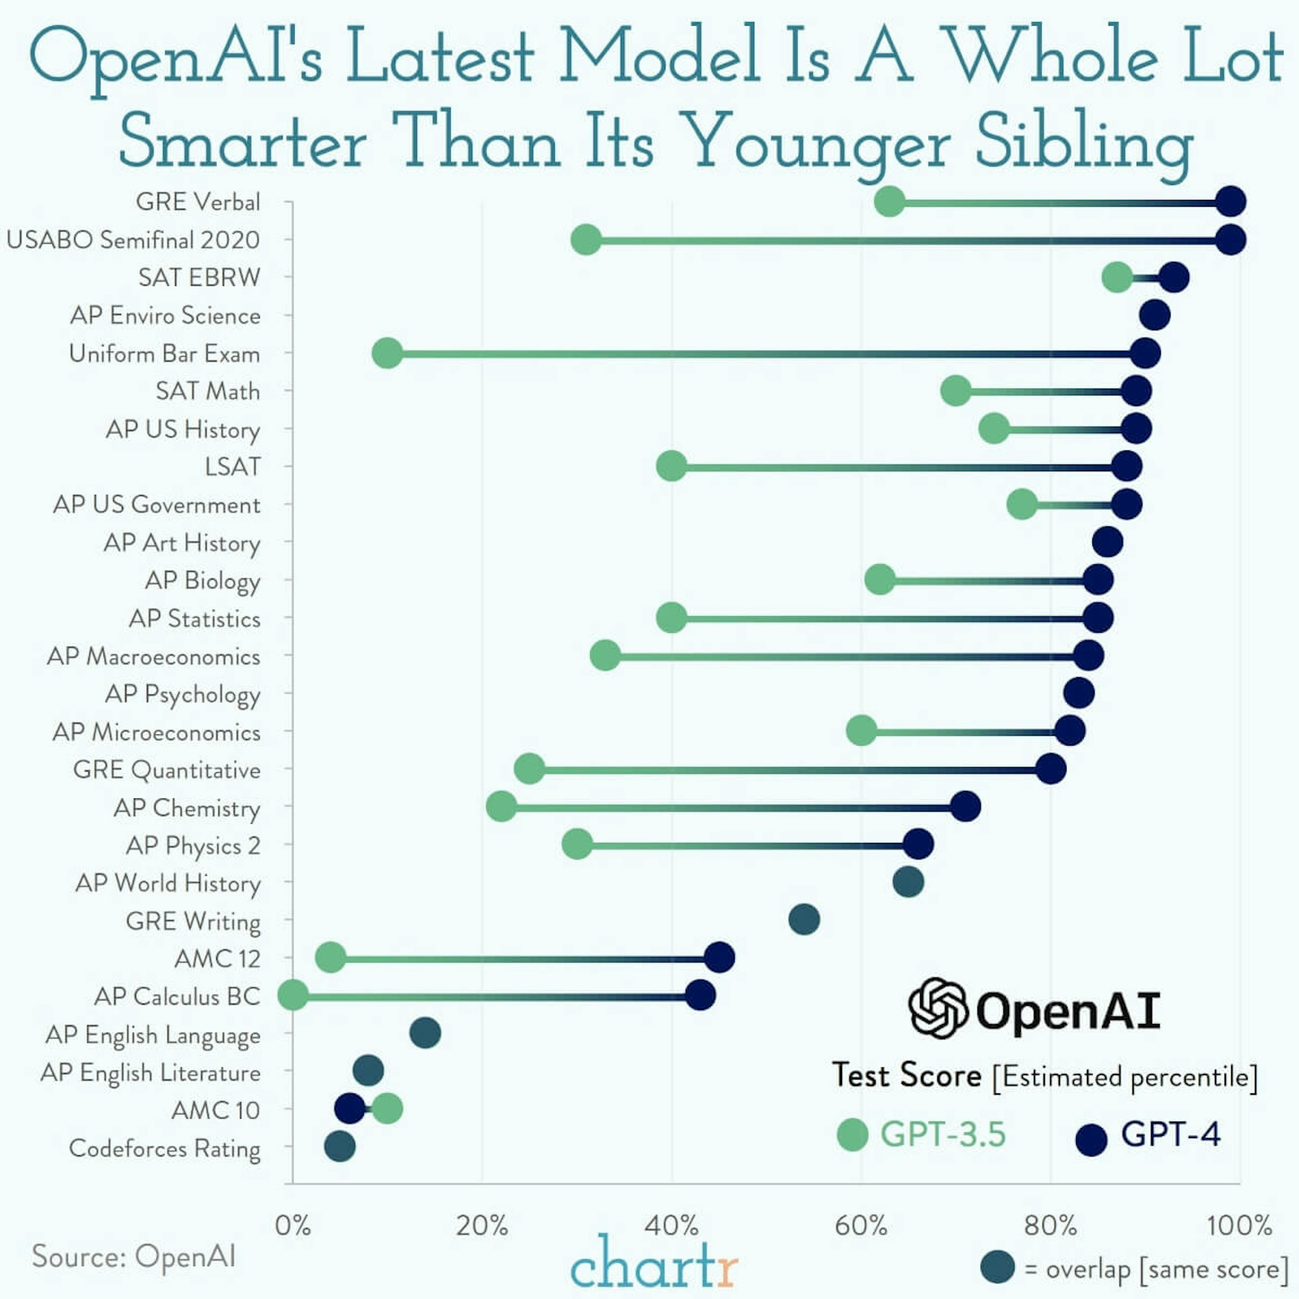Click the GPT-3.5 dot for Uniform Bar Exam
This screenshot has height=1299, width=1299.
(x=387, y=353)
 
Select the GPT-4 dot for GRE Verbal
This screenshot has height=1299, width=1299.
(x=1230, y=202)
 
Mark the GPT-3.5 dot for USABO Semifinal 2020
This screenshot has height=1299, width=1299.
(x=586, y=240)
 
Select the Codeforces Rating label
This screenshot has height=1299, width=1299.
(x=165, y=1148)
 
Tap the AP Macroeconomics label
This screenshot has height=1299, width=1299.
(x=153, y=656)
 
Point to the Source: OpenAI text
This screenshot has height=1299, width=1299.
(x=134, y=1256)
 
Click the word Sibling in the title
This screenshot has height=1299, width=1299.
(x=1084, y=142)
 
